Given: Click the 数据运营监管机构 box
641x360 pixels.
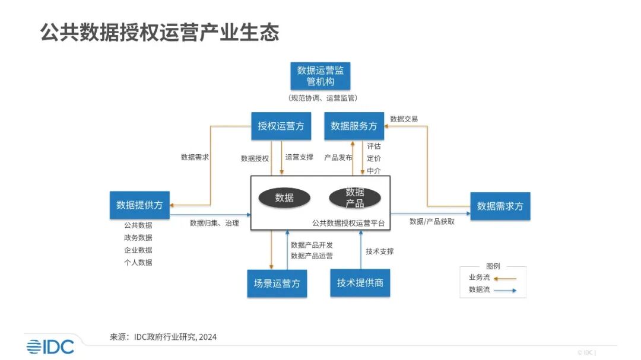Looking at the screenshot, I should (320, 75).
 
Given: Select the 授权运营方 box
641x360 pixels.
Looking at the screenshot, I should (281, 126).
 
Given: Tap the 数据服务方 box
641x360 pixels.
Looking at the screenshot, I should (354, 126).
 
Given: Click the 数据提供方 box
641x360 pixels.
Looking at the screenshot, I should (139, 205).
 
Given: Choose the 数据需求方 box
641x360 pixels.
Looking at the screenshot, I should (500, 206).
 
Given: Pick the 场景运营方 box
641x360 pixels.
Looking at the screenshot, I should (277, 283).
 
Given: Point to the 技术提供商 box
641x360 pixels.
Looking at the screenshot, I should (360, 282).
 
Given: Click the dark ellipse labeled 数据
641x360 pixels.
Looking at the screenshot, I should (284, 197).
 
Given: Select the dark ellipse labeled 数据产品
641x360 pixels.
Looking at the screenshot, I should (355, 197).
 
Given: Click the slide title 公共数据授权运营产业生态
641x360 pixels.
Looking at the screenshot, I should (160, 32).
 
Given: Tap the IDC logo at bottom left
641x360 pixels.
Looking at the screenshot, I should (50, 346).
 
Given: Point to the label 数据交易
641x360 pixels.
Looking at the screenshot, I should (404, 119).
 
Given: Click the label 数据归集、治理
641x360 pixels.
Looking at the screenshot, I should (214, 223).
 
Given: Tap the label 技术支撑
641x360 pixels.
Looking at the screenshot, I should (380, 251).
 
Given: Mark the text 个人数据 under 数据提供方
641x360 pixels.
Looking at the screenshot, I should (138, 262).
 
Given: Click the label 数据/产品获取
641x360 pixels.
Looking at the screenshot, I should (432, 221).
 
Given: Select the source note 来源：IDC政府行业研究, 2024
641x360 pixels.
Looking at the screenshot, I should (163, 337).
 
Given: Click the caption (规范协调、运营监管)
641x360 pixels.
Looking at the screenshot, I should (322, 98).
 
